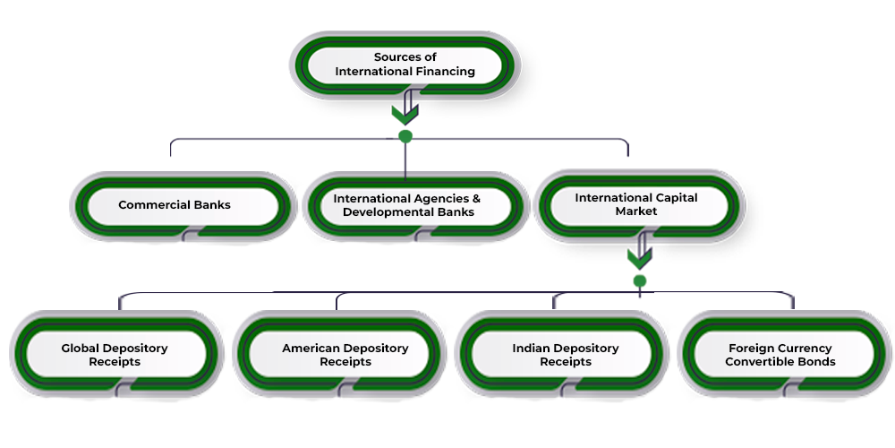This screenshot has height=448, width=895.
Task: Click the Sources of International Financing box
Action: pyautogui.click(x=405, y=65)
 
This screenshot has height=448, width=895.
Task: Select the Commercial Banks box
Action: pyautogui.click(x=175, y=205)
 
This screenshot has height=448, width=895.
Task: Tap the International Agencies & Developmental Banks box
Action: pyautogui.click(x=407, y=205)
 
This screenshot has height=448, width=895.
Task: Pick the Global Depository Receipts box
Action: pyautogui.click(x=115, y=355)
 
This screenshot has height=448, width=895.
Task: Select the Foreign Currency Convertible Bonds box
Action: pyautogui.click(x=780, y=355)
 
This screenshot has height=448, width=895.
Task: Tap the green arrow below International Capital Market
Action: pyautogui.click(x=639, y=253)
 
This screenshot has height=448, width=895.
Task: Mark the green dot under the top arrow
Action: pyautogui.click(x=405, y=136)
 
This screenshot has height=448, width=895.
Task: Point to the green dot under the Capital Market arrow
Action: pyautogui.click(x=639, y=280)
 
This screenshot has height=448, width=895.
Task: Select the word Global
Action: pyautogui.click(x=81, y=348)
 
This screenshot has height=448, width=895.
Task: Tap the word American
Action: pyautogui.click(x=310, y=348)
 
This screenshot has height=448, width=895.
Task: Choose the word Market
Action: pyautogui.click(x=636, y=211)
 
